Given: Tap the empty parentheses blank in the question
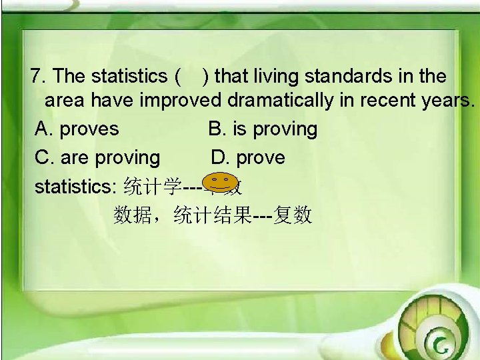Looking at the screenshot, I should coord(190,77).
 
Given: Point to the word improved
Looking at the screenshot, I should coord(181,101).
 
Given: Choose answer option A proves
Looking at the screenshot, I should coord(77,129).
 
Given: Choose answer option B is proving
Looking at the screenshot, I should coord(263,129).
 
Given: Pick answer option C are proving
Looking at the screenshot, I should coord(97,158).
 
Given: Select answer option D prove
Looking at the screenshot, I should coord(248,158).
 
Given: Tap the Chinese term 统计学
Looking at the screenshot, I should coord(153,187).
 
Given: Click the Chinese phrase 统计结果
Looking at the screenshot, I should coord(213,215).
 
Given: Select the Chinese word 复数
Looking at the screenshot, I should coord(293,215).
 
